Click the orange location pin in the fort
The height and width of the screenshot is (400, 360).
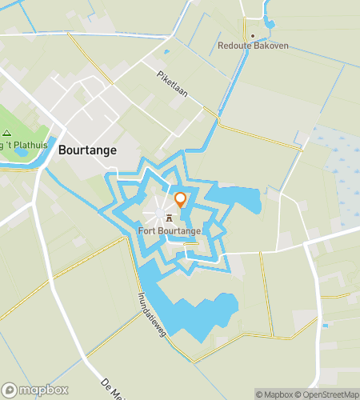point(181,200)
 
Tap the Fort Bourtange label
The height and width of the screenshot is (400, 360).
point(170,232)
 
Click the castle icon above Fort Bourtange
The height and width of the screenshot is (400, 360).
point(169,218)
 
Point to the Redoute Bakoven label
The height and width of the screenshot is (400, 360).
point(254,46)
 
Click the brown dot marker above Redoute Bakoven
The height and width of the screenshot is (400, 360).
point(254,35)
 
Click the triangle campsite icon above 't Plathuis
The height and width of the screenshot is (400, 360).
point(6,134)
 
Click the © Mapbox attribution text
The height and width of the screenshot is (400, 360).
point(274,394)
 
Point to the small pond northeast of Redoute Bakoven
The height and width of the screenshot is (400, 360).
point(270,22)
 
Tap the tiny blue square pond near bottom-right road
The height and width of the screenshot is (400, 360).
point(325,326)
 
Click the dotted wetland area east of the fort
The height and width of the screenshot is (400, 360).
point(336,160)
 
